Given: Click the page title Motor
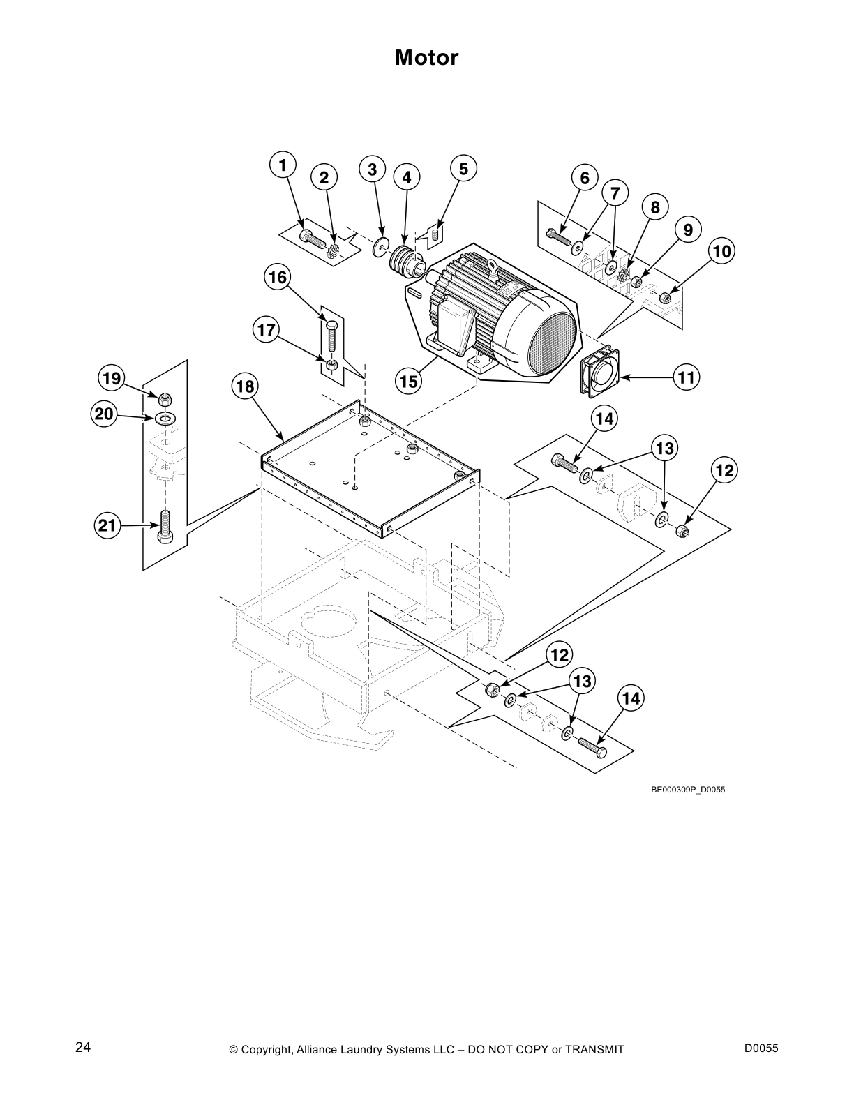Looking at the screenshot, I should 426,57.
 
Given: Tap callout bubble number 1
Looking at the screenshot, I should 283,166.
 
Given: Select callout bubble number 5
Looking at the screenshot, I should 463,168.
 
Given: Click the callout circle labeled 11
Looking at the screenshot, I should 687,377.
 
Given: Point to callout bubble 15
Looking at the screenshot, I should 409,381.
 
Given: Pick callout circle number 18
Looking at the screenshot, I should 246,386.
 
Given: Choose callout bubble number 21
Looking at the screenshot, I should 107,525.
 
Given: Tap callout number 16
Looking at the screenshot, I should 278,278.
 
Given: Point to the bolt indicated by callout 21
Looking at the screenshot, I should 165,527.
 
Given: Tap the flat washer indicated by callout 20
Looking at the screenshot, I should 165,418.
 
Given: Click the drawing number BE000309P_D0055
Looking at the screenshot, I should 682,790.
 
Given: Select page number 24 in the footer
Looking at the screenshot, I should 82,1047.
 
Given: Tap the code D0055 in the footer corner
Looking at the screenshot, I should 761,1048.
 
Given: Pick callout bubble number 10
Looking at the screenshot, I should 722,251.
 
